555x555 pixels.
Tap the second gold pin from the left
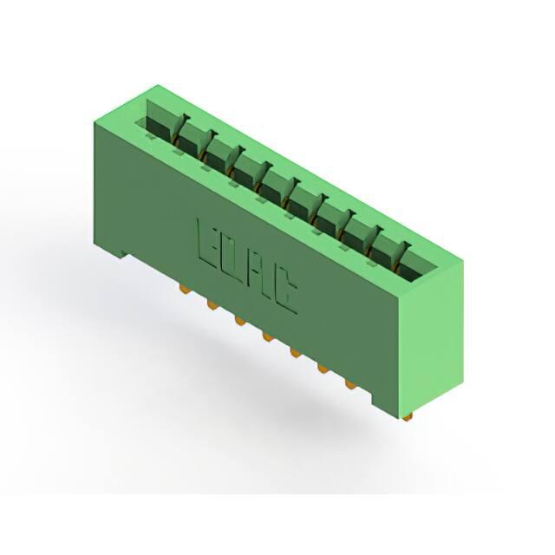coord(212,305)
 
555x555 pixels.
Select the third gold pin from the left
coord(239,321)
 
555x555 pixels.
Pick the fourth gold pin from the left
coord(268,337)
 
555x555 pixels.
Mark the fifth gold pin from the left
coord(295,353)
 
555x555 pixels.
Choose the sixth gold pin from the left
coord(323,369)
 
